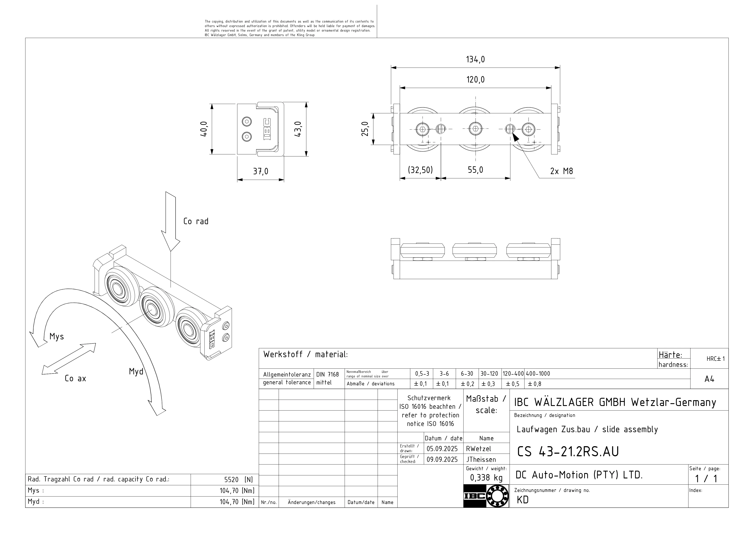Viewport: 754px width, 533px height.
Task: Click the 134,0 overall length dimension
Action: click(475, 60)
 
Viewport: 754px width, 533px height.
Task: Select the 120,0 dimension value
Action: click(475, 80)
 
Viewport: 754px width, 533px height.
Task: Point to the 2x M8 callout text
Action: click(561, 171)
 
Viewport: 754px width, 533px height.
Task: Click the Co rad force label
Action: click(196, 222)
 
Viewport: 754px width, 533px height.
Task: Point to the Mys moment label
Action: click(57, 337)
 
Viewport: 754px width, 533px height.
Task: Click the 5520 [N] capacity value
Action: click(239, 479)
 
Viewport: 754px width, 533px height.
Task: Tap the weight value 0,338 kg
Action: click(486, 478)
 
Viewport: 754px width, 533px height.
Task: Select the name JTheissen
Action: click(481, 459)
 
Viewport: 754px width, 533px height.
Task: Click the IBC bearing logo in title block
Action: click(486, 496)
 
